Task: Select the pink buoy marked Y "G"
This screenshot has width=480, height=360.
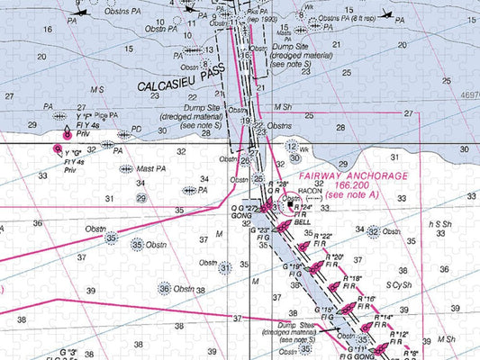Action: pyautogui.click(x=59, y=148)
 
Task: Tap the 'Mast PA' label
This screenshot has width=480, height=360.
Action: pyautogui.click(x=150, y=168)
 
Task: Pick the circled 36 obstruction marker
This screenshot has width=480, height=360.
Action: pyautogui.click(x=164, y=288)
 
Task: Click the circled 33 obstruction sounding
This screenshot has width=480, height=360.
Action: pyautogui.click(x=112, y=238)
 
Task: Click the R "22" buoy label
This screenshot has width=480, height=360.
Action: pyautogui.click(x=322, y=236)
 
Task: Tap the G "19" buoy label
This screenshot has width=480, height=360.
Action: pyautogui.click(x=293, y=267)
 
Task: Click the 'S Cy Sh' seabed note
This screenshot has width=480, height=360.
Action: pyautogui.click(x=399, y=285)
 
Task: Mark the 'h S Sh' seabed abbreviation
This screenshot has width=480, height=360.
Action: pyautogui.click(x=440, y=224)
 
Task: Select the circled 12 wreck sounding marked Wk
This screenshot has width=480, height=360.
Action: pyautogui.click(x=292, y=145)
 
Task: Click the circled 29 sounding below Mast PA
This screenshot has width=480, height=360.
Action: pyautogui.click(x=141, y=198)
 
